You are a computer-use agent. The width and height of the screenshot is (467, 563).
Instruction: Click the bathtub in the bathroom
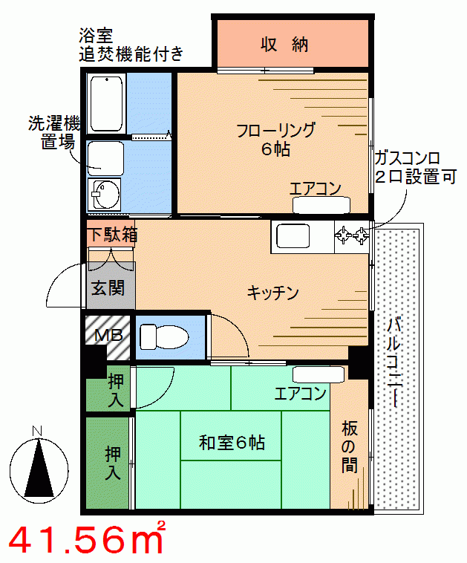click(x=107, y=104)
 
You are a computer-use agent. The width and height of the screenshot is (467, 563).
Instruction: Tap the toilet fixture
click(x=163, y=336)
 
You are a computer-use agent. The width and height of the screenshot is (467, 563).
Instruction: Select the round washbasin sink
click(x=106, y=194)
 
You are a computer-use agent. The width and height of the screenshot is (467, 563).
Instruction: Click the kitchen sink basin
click(x=293, y=236)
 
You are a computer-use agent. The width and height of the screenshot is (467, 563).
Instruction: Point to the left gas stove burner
click(x=343, y=235)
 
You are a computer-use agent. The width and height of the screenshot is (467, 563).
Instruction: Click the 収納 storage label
click(x=284, y=45)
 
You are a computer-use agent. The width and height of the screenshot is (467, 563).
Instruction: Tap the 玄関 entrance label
click(x=108, y=288)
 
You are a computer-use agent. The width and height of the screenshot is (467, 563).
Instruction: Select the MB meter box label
click(x=108, y=335)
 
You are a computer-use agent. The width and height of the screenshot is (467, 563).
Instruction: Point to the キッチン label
click(x=272, y=293)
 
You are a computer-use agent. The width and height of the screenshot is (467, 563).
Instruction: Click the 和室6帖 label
click(x=232, y=443)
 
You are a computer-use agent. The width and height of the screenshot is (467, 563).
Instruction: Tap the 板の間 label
click(x=350, y=447)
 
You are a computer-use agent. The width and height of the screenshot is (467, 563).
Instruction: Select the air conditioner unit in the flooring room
click(x=321, y=205)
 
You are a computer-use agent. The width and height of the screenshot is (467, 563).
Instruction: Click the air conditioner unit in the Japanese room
click(x=319, y=374)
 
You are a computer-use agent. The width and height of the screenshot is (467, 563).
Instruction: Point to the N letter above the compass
click(x=37, y=431)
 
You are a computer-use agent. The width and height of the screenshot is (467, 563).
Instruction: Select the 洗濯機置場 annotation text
click(x=54, y=132)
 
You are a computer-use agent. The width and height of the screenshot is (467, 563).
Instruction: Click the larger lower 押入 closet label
click(x=113, y=463)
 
